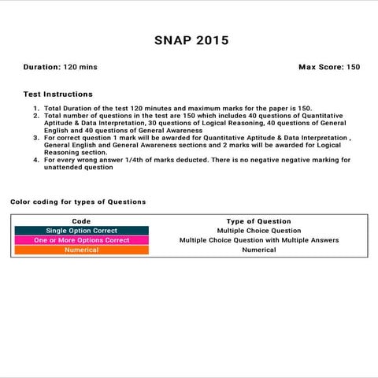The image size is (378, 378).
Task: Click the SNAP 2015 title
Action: click(x=188, y=39)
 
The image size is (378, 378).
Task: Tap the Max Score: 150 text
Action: click(x=329, y=67)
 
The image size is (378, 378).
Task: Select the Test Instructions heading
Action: click(x=58, y=94)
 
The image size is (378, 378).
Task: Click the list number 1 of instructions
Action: click(x=36, y=108)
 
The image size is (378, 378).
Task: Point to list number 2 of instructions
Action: click(x=36, y=116)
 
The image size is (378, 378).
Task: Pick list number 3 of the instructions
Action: click(x=36, y=138)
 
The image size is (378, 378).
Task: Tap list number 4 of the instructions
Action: click(x=36, y=160)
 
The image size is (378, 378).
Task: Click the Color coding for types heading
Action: click(x=78, y=202)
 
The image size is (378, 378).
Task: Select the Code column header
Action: click(x=81, y=221)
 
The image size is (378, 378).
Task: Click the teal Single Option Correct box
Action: click(x=81, y=231)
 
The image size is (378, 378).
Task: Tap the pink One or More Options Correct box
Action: click(x=81, y=240)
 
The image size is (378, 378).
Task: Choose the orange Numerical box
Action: click(x=81, y=250)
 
